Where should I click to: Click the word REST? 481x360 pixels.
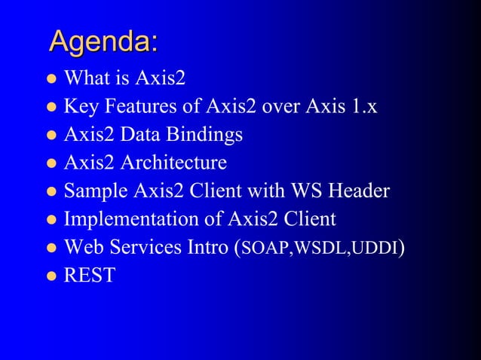point(90,276)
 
